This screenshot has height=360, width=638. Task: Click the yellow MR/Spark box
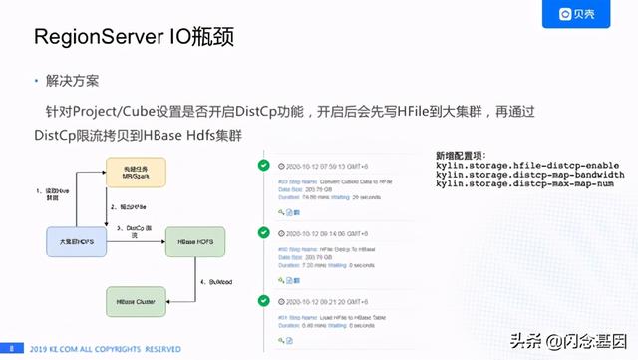point(138,173)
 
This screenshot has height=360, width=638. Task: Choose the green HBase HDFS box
point(197,242)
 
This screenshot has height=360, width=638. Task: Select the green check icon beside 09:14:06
point(263,232)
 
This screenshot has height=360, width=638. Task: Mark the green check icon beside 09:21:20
point(263,300)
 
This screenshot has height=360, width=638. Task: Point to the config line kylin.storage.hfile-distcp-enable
point(527,165)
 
